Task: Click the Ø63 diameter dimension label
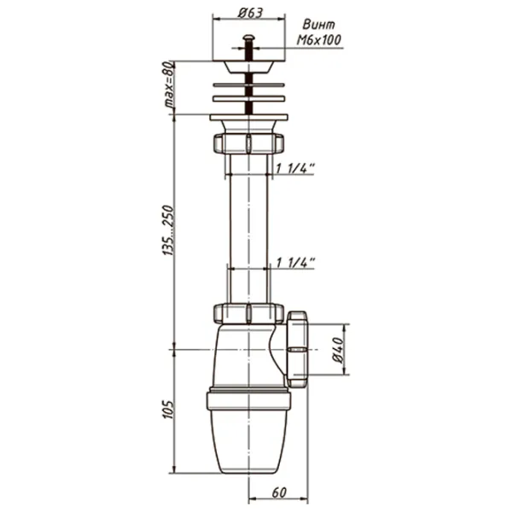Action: pyautogui.click(x=250, y=13)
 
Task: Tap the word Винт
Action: pyautogui.click(x=318, y=25)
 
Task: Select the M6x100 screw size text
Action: pyautogui.click(x=318, y=40)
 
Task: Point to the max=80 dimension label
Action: pyautogui.click(x=168, y=84)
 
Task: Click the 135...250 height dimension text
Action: pyautogui.click(x=168, y=230)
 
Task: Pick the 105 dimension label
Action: pyautogui.click(x=168, y=409)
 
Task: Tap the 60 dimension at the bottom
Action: pyautogui.click(x=279, y=492)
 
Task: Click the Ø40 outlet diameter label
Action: pyautogui.click(x=338, y=350)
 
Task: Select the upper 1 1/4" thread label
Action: pyautogui.click(x=295, y=168)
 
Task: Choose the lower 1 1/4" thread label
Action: pyautogui.click(x=295, y=263)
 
